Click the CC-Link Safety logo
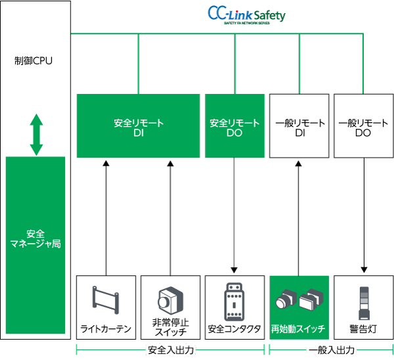[247, 15]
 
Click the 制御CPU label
[33, 61]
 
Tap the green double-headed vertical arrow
[36, 135]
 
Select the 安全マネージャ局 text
[35, 238]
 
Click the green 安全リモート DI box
[138, 127]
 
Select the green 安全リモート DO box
[234, 127]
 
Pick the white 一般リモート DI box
[299, 127]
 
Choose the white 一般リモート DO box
[363, 127]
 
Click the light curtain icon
[106, 300]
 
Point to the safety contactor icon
[234, 300]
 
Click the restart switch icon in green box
[299, 300]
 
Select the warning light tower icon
[363, 300]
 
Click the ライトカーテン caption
[106, 328]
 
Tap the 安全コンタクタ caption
[234, 328]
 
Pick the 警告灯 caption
[363, 328]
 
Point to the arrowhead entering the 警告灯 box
[363, 270]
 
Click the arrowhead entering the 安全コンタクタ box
[234, 270]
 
